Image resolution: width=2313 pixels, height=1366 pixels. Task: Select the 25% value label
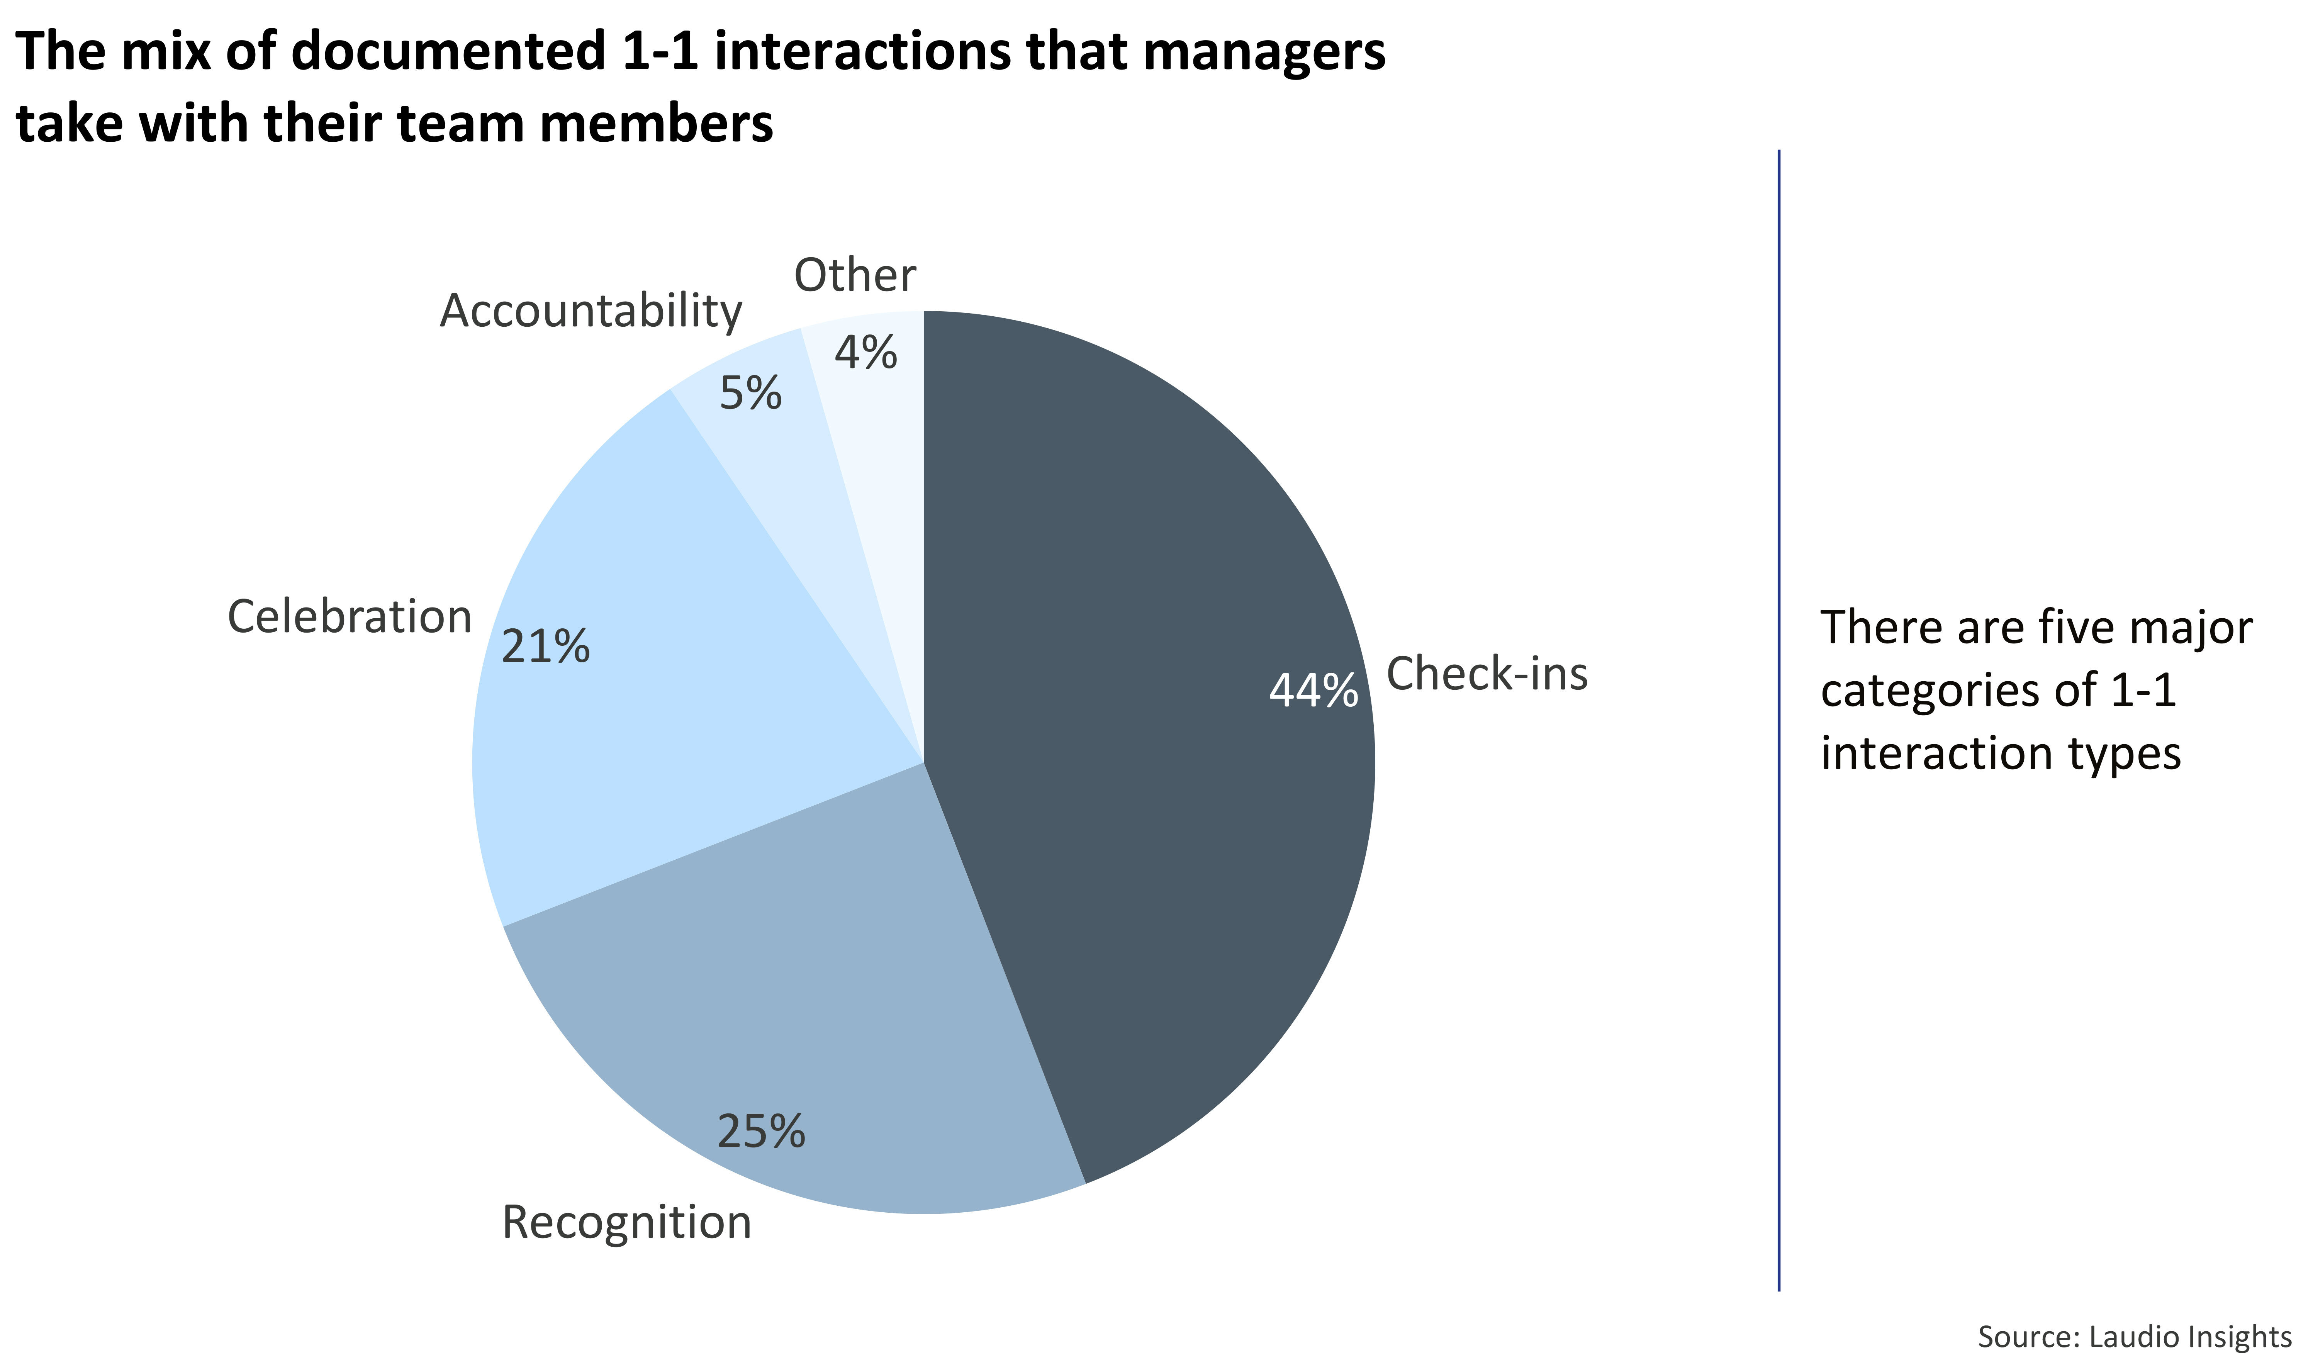tap(761, 1131)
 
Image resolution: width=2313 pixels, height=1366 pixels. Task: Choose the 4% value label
tap(865, 353)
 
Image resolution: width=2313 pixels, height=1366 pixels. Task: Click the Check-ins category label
tap(1487, 674)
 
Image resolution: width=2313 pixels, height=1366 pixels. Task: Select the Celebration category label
tap(350, 617)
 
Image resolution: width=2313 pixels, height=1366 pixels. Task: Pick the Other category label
tap(855, 275)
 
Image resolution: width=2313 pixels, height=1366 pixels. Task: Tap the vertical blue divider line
tap(1779, 718)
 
